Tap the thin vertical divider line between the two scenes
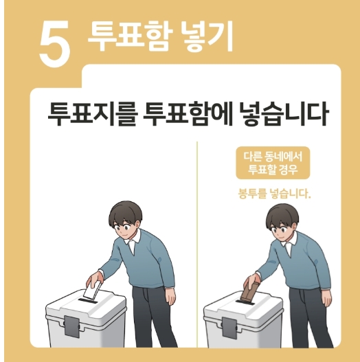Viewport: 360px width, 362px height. (x=198, y=240)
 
